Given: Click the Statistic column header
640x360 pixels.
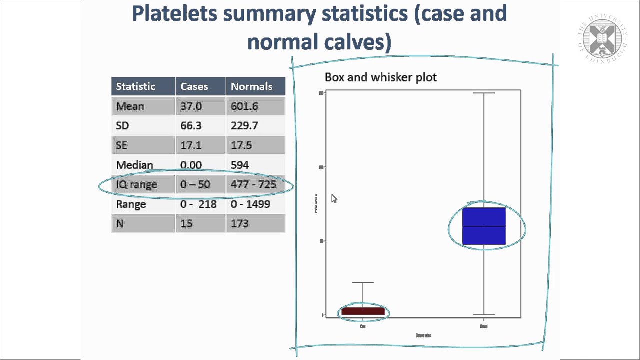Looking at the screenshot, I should (x=135, y=86).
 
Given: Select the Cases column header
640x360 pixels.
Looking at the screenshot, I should (x=194, y=86).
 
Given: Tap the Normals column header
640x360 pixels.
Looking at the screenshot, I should (x=251, y=86).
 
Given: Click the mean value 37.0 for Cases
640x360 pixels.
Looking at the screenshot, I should (x=191, y=106).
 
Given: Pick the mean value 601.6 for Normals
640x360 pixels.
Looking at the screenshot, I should (x=244, y=106).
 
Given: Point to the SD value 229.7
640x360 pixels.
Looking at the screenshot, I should (x=244, y=125).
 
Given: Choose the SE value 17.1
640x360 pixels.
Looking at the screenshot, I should (x=191, y=145).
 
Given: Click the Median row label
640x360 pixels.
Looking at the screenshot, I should (x=134, y=165).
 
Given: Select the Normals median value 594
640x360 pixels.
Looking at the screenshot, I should (x=240, y=165).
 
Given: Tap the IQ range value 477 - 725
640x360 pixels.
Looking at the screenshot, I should (x=253, y=184).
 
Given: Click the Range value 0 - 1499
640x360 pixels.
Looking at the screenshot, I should (x=250, y=204).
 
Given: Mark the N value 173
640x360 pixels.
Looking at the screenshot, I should (x=240, y=223).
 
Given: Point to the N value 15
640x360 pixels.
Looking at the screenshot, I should (x=186, y=223).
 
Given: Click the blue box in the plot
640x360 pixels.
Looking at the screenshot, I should (x=484, y=226).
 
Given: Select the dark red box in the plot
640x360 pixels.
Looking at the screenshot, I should (x=363, y=311).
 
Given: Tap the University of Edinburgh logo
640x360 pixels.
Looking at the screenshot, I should (x=599, y=38).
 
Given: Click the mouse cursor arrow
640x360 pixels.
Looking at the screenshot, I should (x=334, y=199).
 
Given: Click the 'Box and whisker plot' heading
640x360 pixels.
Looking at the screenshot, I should (x=381, y=77).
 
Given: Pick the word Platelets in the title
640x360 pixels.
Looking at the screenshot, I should (x=174, y=13).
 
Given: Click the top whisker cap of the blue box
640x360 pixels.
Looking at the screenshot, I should (x=484, y=93).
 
